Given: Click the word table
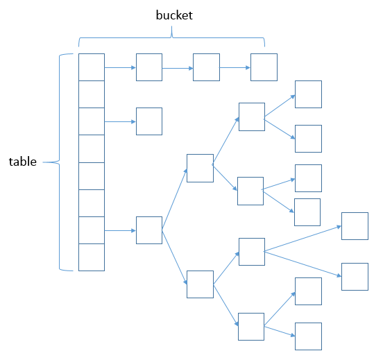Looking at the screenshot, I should point(22,162).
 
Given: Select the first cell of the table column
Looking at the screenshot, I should point(91,67).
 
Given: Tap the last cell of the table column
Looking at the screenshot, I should point(91,257).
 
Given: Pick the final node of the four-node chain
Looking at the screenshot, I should point(264,67).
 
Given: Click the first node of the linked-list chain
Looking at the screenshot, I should point(149,67).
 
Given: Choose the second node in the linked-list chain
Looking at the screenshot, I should point(206,67).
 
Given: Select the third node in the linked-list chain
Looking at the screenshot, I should point(264,67).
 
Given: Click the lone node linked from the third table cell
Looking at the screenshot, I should point(149,121).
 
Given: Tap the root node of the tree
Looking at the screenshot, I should point(149,230).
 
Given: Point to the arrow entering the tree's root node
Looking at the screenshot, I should point(120,230).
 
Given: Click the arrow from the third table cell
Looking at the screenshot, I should point(120,121).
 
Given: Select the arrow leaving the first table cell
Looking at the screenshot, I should point(120,67).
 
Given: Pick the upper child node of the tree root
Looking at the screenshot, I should point(200,169).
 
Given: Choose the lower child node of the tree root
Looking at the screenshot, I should point(200,284).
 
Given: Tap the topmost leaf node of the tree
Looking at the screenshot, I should point(308,94).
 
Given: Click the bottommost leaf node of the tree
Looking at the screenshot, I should point(308,336).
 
